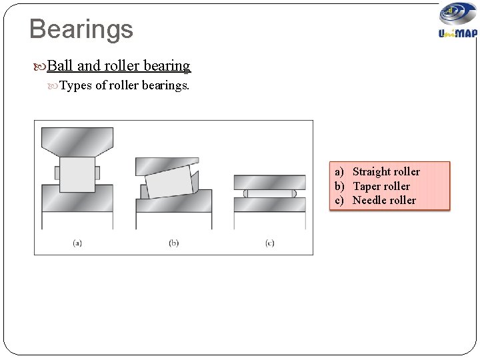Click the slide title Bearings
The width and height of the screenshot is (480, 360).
pyautogui.click(x=81, y=29)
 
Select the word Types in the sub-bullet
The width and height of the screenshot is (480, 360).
pyautogui.click(x=76, y=85)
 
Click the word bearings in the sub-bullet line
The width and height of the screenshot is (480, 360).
pyautogui.click(x=167, y=85)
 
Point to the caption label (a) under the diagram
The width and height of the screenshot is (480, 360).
pyautogui.click(x=77, y=243)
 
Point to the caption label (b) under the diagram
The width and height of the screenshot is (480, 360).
pyautogui.click(x=173, y=243)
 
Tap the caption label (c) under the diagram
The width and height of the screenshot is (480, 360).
pyautogui.click(x=269, y=243)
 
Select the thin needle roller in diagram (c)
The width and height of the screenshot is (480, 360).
pyautogui.click(x=269, y=193)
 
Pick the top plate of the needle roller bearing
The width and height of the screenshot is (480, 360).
pyautogui.click(x=269, y=181)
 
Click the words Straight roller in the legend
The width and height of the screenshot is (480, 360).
pyautogui.click(x=386, y=172)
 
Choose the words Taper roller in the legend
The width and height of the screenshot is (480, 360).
pyautogui.click(x=381, y=186)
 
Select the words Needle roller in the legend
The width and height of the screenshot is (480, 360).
pyautogui.click(x=384, y=200)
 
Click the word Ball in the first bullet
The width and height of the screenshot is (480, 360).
pyautogui.click(x=61, y=66)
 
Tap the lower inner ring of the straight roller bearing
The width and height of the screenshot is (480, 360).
pyautogui.click(x=77, y=199)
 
